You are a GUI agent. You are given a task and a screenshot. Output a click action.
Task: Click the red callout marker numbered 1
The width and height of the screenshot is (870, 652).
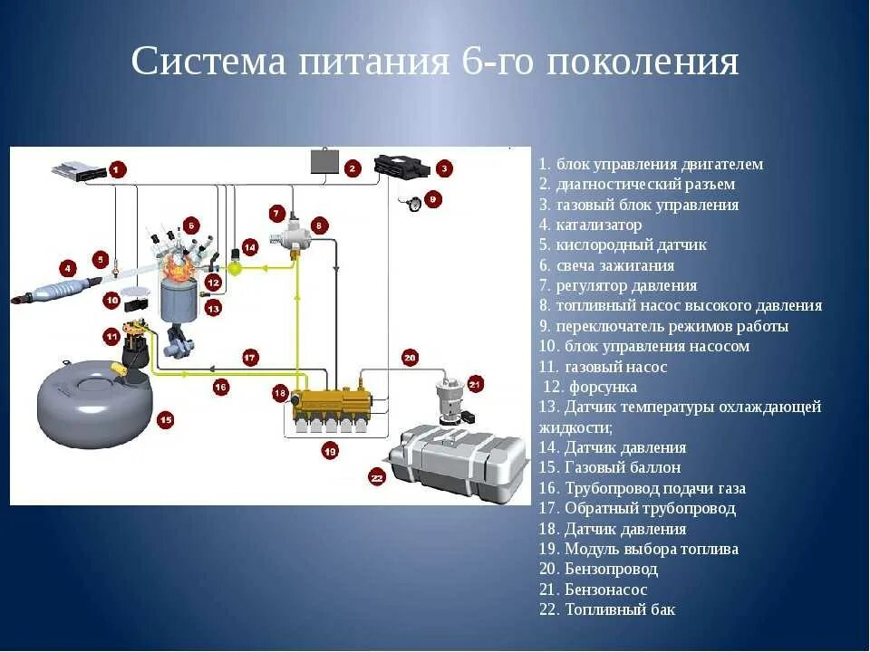(x=118, y=168)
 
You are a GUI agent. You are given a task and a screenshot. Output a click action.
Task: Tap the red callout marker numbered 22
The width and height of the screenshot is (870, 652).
(x=377, y=476)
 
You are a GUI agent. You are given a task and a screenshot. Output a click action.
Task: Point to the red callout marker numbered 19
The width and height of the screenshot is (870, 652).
(x=329, y=450)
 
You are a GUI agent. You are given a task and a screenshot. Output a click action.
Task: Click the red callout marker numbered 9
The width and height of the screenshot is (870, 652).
(x=432, y=198)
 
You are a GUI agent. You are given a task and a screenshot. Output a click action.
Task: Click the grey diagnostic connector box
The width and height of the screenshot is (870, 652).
(x=324, y=161)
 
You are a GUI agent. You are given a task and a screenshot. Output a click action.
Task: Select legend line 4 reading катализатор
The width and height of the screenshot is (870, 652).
(x=590, y=225)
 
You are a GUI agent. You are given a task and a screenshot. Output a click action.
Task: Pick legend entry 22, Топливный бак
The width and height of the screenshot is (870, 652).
(x=606, y=609)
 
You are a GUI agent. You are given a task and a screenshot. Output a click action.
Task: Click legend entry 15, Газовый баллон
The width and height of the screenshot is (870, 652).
(x=609, y=467)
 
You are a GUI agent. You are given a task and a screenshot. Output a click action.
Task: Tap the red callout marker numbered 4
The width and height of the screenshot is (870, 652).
(x=66, y=267)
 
